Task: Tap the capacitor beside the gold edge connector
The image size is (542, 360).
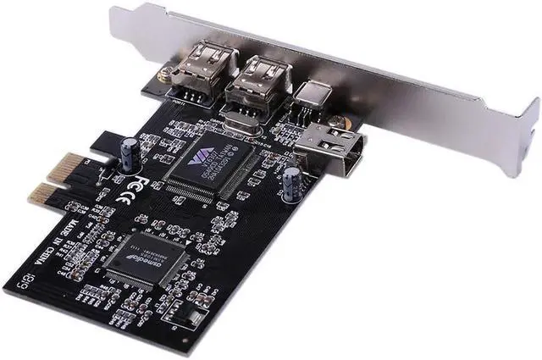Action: coord(129,152)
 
